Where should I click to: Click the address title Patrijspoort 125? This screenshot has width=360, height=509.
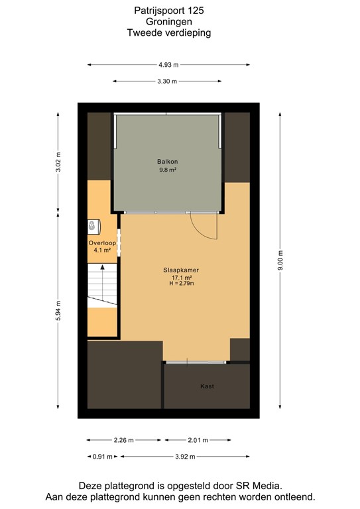click(168, 11)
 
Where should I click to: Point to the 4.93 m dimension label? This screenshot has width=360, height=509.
click(168, 65)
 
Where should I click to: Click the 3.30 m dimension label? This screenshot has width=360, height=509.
click(168, 82)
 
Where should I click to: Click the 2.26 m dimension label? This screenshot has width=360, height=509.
click(124, 440)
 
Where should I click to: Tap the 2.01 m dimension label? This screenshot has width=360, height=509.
click(197, 440)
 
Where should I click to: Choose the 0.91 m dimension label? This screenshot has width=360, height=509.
click(100, 457)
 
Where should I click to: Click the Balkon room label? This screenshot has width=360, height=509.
click(168, 161)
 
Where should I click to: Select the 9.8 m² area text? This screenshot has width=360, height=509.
click(168, 170)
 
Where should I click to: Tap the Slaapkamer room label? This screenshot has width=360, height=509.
click(182, 270)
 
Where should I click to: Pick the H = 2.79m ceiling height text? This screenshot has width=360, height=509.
click(182, 284)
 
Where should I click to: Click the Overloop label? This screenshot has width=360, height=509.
click(102, 243)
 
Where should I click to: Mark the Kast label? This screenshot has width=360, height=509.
click(207, 386)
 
